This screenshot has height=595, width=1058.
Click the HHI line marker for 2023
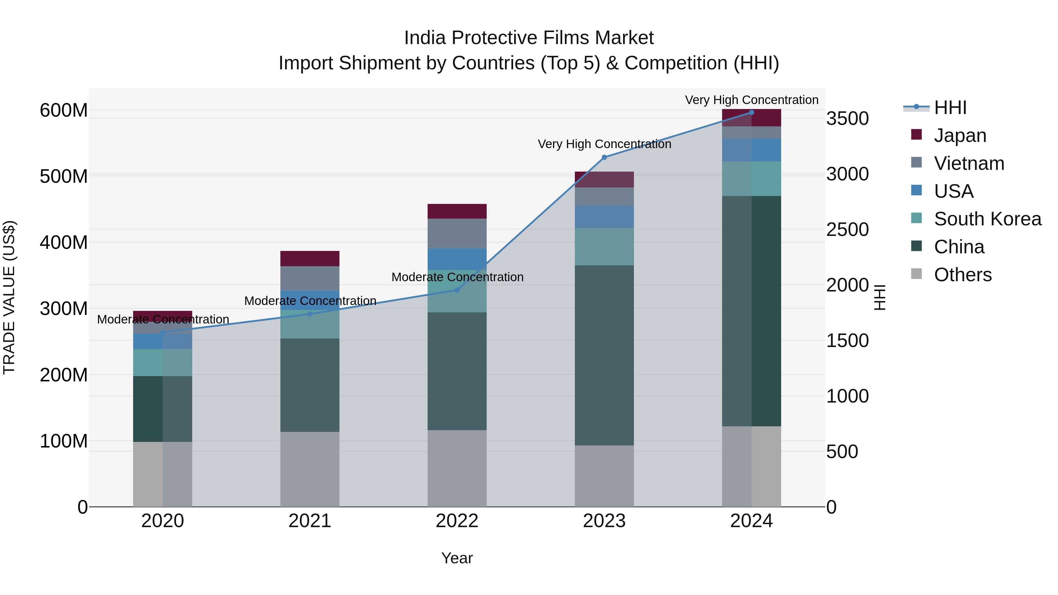click(x=604, y=157)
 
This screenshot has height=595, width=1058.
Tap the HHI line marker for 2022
click(x=457, y=290)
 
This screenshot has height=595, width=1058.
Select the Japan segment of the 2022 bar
click(x=457, y=211)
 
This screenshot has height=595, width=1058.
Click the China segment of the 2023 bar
click(x=604, y=355)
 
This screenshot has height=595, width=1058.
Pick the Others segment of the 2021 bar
click(x=310, y=469)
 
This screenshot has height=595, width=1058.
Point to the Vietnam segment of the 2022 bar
click(x=457, y=233)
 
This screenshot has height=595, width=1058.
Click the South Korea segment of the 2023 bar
click(x=604, y=247)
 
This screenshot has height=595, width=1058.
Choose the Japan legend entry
click(x=960, y=135)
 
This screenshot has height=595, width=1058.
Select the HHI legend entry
click(x=950, y=108)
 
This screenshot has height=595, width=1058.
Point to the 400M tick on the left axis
click(x=64, y=242)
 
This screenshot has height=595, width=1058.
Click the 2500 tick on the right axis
click(x=847, y=229)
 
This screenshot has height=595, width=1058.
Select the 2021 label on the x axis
click(x=310, y=521)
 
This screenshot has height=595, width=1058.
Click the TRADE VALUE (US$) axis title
click(x=9, y=297)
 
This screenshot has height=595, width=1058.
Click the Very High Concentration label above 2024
click(x=751, y=100)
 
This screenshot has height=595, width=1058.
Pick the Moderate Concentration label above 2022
click(x=457, y=277)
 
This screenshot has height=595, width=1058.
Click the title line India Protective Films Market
click(x=529, y=38)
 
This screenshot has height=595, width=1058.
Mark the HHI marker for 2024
click(x=751, y=112)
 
